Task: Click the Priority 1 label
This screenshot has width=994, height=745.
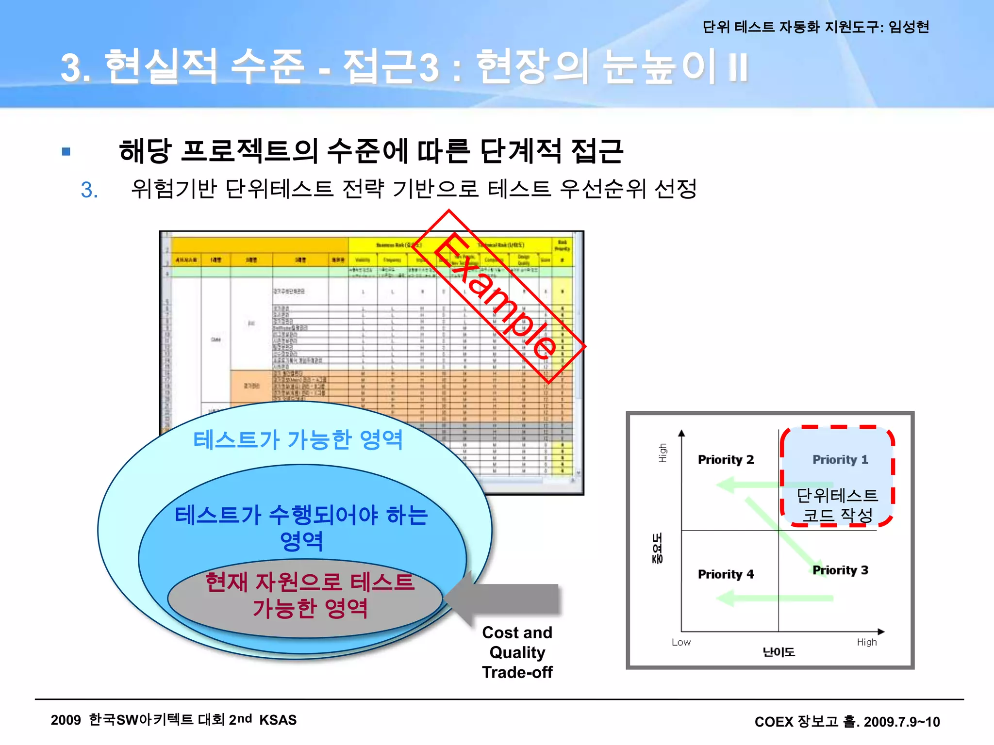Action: [x=840, y=459]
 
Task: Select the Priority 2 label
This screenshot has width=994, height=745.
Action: [x=726, y=459]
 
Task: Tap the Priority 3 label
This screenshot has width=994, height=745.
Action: [x=840, y=570]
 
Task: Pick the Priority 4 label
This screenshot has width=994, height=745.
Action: [x=726, y=574]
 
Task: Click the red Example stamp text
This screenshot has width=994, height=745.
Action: [x=495, y=296]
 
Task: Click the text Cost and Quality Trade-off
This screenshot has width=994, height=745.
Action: [x=517, y=652]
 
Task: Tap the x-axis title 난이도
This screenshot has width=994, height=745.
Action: [x=779, y=652]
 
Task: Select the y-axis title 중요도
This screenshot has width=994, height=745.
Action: [x=657, y=548]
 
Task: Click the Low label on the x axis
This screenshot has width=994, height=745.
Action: [x=681, y=642]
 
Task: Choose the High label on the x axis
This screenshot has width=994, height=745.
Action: [x=867, y=642]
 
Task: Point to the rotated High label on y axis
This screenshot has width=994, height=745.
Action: [x=663, y=453]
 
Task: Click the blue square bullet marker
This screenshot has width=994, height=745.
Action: [x=66, y=152]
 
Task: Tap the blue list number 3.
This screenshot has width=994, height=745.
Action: [x=89, y=190]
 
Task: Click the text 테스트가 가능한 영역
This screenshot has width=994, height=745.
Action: [x=298, y=440]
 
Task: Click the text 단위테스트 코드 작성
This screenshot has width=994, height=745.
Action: [x=838, y=505]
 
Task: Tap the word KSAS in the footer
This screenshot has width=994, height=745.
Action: [x=278, y=720]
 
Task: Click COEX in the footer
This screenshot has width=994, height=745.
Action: [x=774, y=722]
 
